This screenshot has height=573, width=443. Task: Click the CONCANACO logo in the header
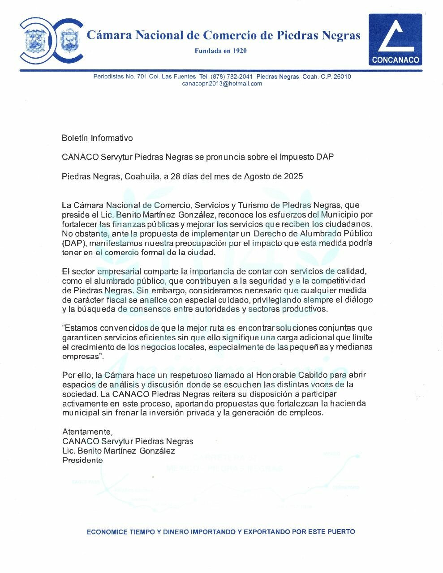pos(395,39)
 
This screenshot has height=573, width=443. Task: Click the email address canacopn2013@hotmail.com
pos(222,84)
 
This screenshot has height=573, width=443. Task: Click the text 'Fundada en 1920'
pos(220,51)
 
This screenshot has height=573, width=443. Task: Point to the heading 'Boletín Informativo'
pos(97,138)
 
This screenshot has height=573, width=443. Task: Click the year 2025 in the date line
pos(293,176)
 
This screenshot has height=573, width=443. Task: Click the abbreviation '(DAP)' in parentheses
pos(73,243)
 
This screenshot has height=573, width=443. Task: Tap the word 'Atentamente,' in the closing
pos(87,432)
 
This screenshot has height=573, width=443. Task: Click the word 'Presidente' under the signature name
pos(82,460)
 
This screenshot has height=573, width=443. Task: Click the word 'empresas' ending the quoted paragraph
pos(80,356)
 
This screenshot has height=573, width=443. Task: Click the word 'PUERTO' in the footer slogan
pos(341,532)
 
